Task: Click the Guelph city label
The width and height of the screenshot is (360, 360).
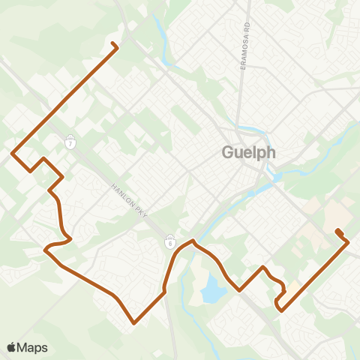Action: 249,152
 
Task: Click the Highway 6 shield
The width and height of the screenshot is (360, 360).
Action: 170,241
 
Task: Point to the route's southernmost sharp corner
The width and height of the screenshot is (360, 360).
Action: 134,323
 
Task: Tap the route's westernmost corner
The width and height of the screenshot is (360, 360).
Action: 13,154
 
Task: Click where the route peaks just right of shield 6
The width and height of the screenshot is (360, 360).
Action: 193,241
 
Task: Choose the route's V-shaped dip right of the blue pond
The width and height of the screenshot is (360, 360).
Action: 239,289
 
